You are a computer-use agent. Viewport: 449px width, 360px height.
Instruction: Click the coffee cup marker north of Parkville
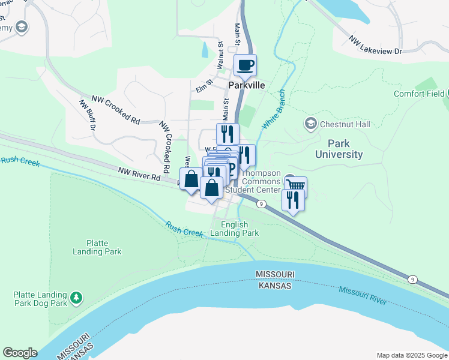coord(245,65)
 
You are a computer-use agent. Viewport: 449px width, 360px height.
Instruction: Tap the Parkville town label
coord(246,85)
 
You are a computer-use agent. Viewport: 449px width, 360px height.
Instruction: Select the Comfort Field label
coord(419,94)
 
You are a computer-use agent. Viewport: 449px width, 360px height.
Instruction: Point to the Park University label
coord(345,149)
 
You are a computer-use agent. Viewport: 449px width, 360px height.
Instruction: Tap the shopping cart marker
coord(295,185)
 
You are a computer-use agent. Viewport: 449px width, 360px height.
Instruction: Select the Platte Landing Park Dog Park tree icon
coord(76,297)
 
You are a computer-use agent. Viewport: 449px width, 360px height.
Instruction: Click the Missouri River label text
coord(362,295)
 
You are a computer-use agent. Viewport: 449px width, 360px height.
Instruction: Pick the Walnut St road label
coord(220,54)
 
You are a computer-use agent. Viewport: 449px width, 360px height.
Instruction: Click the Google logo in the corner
coord(20,353)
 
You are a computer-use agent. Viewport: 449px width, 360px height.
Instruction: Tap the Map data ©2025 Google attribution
coord(412,355)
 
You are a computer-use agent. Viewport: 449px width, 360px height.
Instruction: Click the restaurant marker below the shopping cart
coord(293,200)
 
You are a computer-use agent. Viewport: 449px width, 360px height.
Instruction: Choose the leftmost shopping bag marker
coord(191,179)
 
